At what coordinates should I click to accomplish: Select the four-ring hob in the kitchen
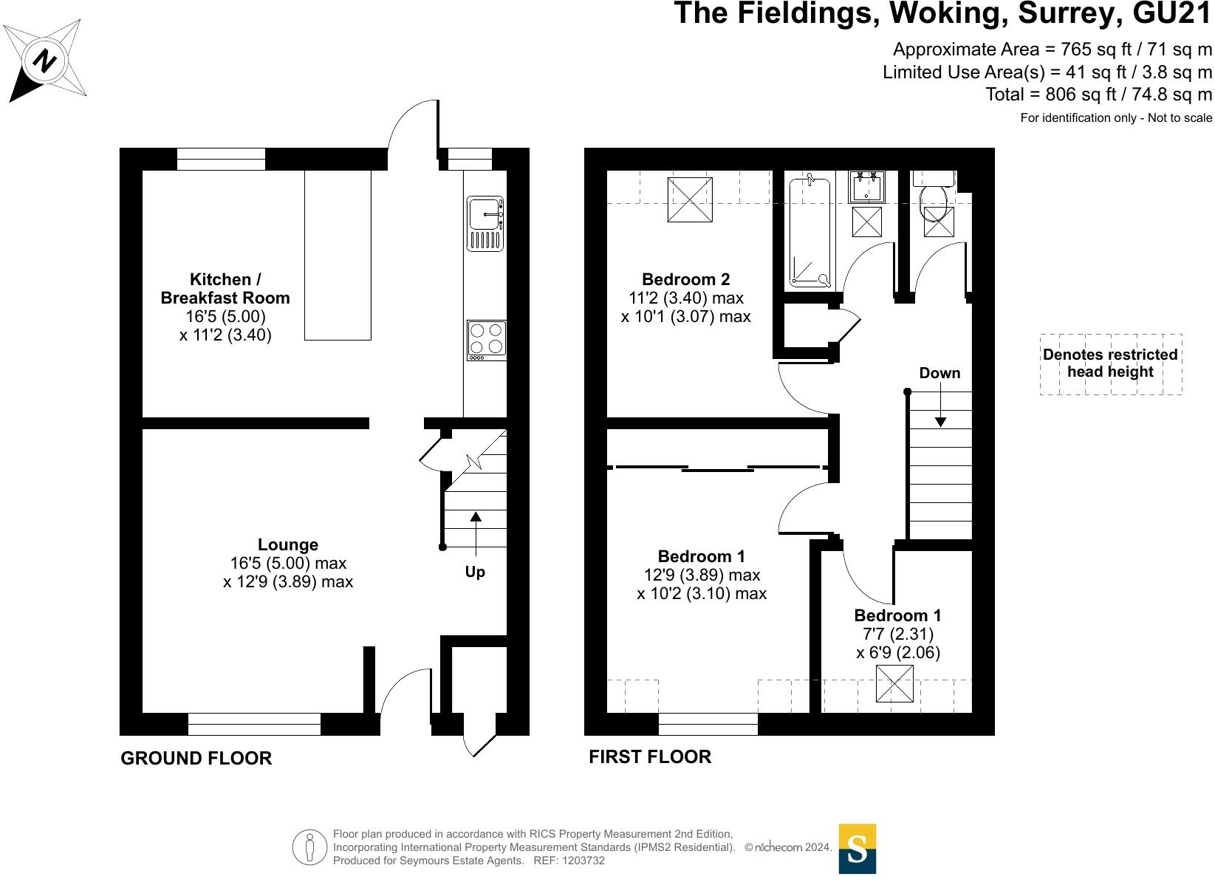pyautogui.click(x=486, y=340)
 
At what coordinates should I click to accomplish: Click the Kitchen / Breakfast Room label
pyautogui.click(x=225, y=289)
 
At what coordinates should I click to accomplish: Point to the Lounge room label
pyautogui.click(x=288, y=544)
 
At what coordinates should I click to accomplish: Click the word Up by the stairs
pyautogui.click(x=475, y=572)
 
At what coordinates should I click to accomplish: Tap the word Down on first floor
pyautogui.click(x=940, y=373)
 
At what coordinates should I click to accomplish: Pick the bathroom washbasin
pyautogui.click(x=866, y=187)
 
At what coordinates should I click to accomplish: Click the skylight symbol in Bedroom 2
pyautogui.click(x=690, y=199)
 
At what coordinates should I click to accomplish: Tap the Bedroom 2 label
pyautogui.click(x=686, y=279)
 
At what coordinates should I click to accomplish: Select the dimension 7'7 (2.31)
pyautogui.click(x=898, y=634)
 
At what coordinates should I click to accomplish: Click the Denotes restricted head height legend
pyautogui.click(x=1110, y=363)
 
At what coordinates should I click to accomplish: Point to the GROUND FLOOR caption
pyautogui.click(x=196, y=758)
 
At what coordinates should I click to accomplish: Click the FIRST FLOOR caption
pyautogui.click(x=650, y=756)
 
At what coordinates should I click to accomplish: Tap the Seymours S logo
pyautogui.click(x=857, y=849)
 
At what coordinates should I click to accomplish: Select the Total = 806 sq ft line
pyautogui.click(x=1098, y=95)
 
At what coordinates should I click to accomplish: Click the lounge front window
pyautogui.click(x=254, y=724)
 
